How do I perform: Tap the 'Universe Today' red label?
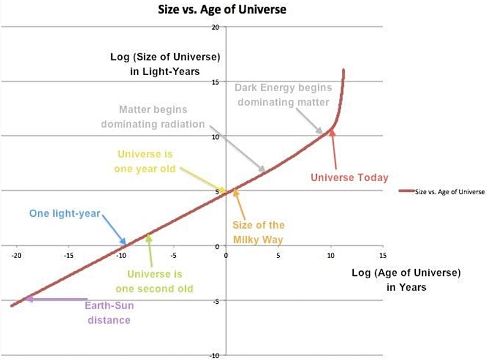tap(349, 177)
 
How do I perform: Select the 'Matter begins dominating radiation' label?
tap(153, 117)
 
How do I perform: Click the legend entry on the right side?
tap(441, 192)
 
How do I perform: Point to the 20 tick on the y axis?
tap(215, 28)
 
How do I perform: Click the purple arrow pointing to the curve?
tap(56, 300)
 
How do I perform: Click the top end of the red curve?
tap(343, 70)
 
